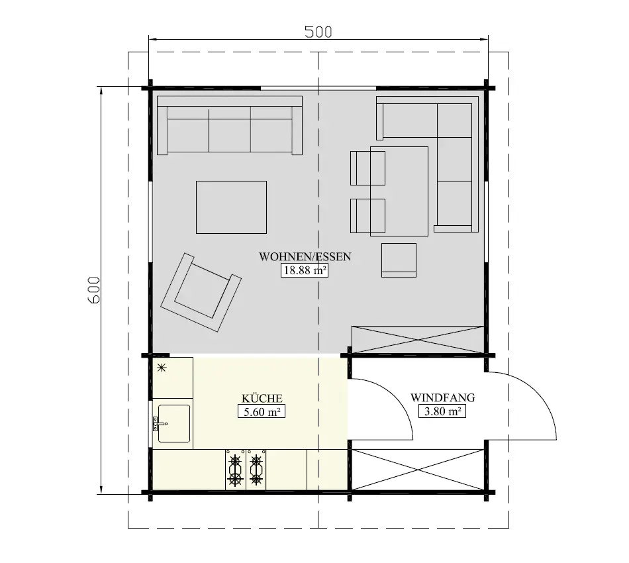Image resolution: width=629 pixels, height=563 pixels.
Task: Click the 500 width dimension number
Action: [318, 32]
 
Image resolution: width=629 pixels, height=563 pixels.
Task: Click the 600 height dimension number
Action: [94, 289]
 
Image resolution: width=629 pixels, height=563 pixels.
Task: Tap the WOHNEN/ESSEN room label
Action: [305, 257]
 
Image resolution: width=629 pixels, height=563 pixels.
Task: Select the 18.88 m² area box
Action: [305, 270]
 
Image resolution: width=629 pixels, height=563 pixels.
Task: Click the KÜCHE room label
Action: [262, 398]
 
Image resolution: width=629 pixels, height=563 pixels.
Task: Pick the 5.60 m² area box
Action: [262, 411]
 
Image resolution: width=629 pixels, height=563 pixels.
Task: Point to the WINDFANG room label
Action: [442, 398]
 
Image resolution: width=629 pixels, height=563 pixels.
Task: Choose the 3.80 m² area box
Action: [442, 411]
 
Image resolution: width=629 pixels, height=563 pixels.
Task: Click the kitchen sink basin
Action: [174, 423]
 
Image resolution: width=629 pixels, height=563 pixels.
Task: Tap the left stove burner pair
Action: [235, 470]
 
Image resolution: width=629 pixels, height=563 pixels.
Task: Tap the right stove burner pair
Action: [256, 470]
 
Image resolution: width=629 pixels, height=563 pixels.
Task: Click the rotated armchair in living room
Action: [201, 291]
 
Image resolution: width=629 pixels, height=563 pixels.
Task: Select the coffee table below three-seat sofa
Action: [231, 207]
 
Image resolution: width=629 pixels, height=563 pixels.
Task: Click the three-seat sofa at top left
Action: [230, 126]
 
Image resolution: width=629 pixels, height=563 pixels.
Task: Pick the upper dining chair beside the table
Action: [367, 168]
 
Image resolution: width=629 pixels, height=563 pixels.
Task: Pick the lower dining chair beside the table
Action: [367, 216]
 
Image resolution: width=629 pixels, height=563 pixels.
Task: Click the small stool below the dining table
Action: [399, 260]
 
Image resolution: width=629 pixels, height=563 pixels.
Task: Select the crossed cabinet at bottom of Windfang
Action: [417, 470]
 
